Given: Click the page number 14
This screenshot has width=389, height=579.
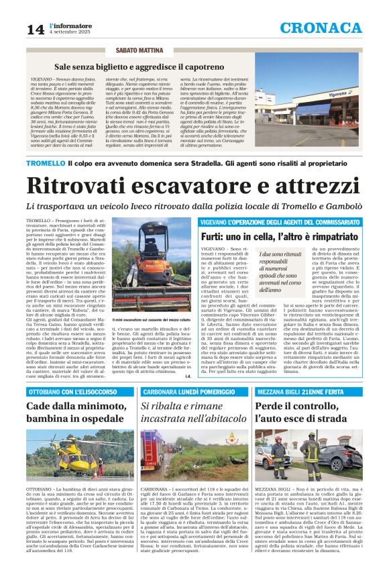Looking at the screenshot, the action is [x=35, y=30].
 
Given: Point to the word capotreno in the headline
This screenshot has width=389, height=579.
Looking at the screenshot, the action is [x=199, y=68].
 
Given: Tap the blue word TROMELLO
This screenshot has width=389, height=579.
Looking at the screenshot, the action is [x=46, y=162].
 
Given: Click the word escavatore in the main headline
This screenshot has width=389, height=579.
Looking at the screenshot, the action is [x=195, y=185].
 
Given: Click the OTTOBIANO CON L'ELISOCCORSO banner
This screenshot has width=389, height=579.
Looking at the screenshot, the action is [x=67, y=391].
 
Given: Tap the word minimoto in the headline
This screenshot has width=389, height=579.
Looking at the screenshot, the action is [x=86, y=407].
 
